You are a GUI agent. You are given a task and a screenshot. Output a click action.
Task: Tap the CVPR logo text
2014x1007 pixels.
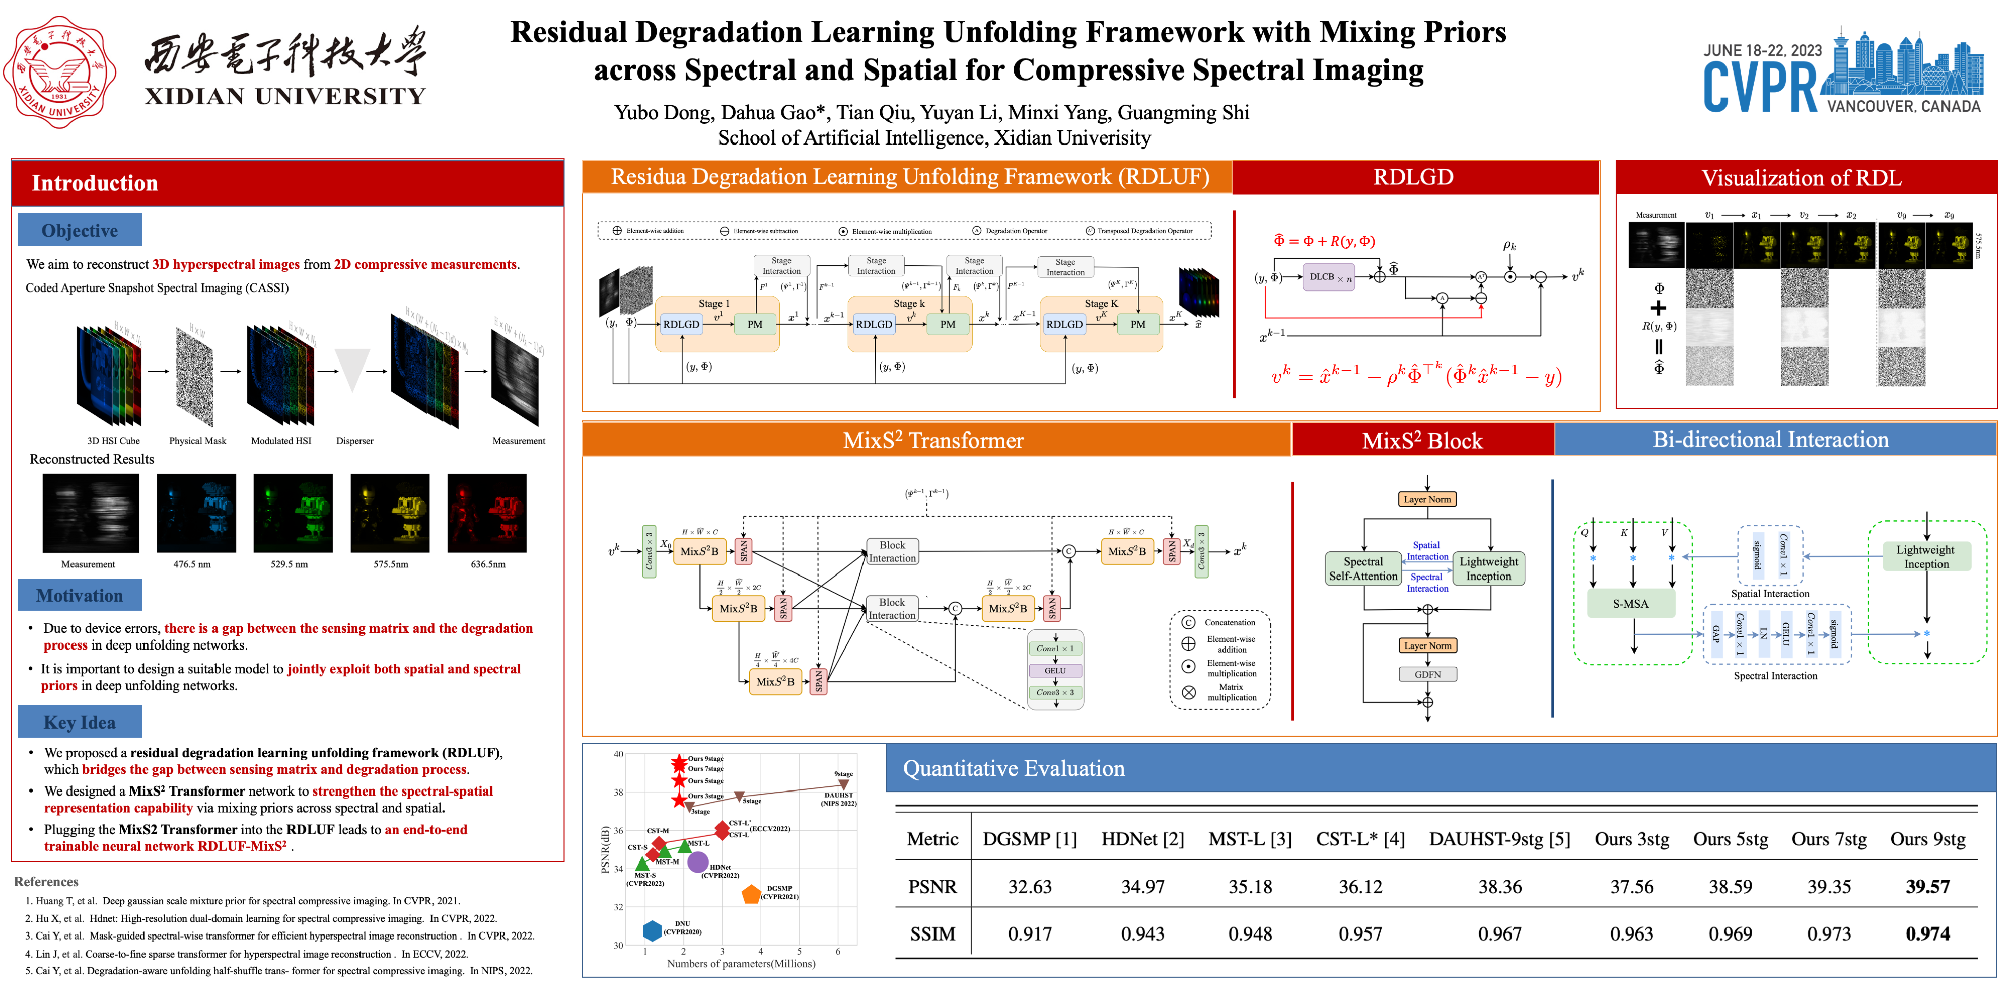[1759, 88]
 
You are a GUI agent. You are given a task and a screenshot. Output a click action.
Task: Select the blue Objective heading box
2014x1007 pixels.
[80, 231]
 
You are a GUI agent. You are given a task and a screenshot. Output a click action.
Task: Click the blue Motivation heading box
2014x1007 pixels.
[80, 596]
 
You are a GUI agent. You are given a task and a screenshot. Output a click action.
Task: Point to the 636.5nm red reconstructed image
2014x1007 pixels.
[486, 514]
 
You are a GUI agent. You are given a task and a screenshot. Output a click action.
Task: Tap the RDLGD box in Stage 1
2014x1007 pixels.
[681, 324]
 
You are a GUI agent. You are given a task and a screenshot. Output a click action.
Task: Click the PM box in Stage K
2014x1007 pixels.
[1137, 324]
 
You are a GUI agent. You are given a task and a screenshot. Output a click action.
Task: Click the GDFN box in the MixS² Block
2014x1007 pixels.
[1427, 674]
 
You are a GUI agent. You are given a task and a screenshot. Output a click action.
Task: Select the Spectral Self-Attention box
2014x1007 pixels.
[1363, 569]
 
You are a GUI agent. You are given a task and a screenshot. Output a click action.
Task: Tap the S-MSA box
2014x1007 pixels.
[1630, 604]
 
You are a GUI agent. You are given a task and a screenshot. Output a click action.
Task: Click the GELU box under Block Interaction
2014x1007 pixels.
[1055, 670]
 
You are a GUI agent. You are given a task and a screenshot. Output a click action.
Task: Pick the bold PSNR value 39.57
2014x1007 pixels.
[1927, 887]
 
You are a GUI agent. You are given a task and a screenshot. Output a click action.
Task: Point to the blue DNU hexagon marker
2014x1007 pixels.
[651, 930]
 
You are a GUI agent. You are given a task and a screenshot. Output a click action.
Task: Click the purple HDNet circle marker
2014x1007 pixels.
[697, 862]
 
